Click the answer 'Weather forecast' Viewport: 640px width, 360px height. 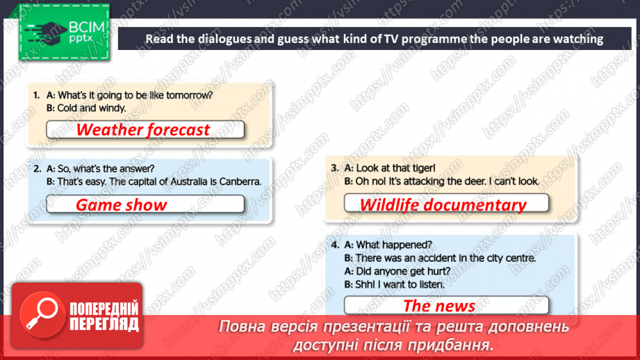coord(143,130)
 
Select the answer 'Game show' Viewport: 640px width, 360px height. coord(122,204)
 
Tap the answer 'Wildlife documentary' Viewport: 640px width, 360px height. coord(443,204)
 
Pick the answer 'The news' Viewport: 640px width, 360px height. coord(439,306)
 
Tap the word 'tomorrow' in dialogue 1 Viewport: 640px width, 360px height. coord(188,95)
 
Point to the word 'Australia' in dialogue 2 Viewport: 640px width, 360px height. coord(185,182)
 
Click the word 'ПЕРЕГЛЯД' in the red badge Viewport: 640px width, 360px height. coord(104,324)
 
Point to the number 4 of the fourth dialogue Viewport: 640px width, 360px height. coord(335,245)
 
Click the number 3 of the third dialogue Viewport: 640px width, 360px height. coord(334,167)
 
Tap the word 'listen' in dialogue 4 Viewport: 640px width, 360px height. coord(428,284)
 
